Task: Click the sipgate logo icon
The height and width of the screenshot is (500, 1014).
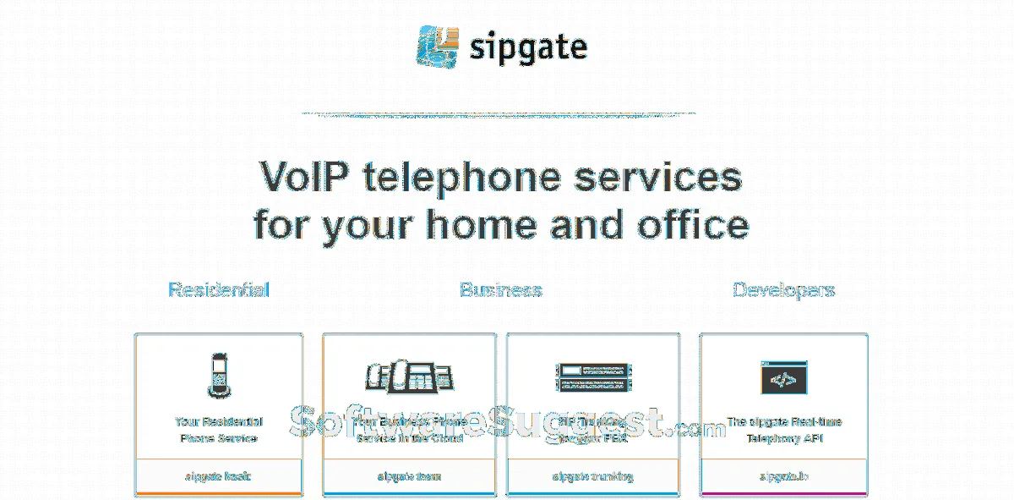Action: pyautogui.click(x=438, y=47)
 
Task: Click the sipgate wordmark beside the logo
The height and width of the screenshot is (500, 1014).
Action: pyautogui.click(x=528, y=48)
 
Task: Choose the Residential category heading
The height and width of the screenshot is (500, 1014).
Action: pyautogui.click(x=219, y=290)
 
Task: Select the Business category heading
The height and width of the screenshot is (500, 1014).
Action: pyautogui.click(x=500, y=290)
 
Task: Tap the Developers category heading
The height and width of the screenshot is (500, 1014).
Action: pyautogui.click(x=783, y=290)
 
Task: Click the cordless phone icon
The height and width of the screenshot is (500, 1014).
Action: pyautogui.click(x=219, y=375)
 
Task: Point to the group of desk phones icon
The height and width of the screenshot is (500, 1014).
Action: pyautogui.click(x=409, y=376)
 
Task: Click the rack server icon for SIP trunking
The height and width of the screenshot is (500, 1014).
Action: pyautogui.click(x=593, y=376)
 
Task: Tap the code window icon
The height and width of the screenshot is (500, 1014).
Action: pyautogui.click(x=783, y=376)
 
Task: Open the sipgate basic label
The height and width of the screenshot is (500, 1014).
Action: pyautogui.click(x=219, y=476)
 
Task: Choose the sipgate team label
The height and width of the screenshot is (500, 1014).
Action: pyautogui.click(x=409, y=476)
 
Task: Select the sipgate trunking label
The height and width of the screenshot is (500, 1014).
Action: pyautogui.click(x=593, y=476)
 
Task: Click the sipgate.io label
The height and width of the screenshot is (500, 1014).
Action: pyautogui.click(x=783, y=476)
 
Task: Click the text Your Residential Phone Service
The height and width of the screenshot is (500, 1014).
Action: pyautogui.click(x=219, y=430)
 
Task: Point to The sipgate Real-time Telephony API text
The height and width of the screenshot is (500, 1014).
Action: pyautogui.click(x=783, y=430)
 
